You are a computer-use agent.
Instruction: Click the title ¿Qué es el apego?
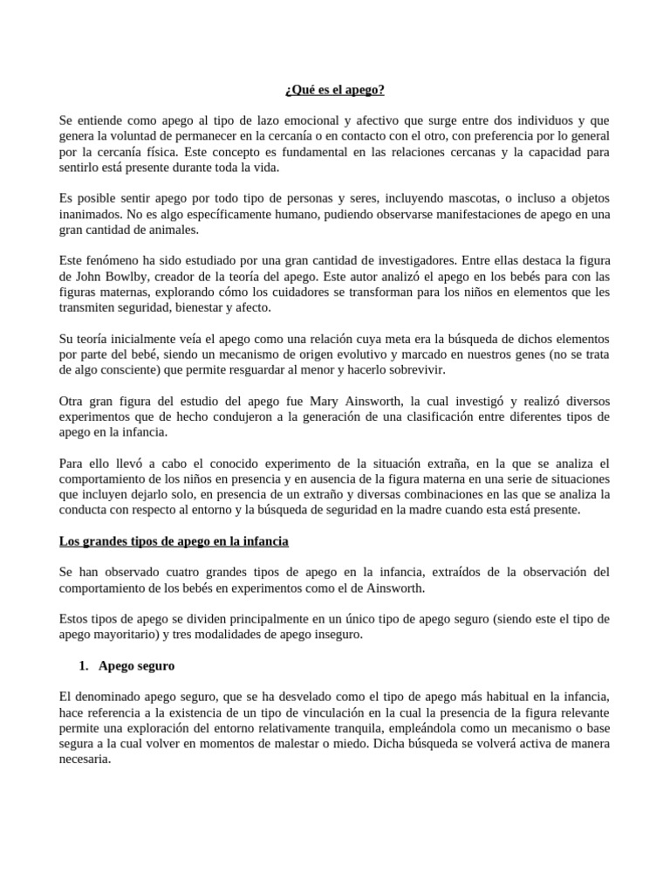(335, 90)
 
